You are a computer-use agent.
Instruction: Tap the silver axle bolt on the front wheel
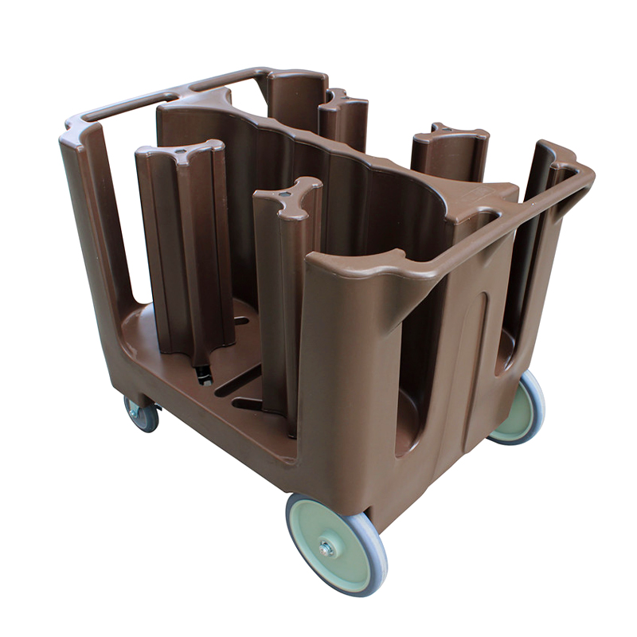pos(326,549)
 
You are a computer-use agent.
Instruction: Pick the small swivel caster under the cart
pos(142,414)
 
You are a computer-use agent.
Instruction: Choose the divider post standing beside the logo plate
pos(450,151)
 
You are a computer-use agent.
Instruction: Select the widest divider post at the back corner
pos(295,104)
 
